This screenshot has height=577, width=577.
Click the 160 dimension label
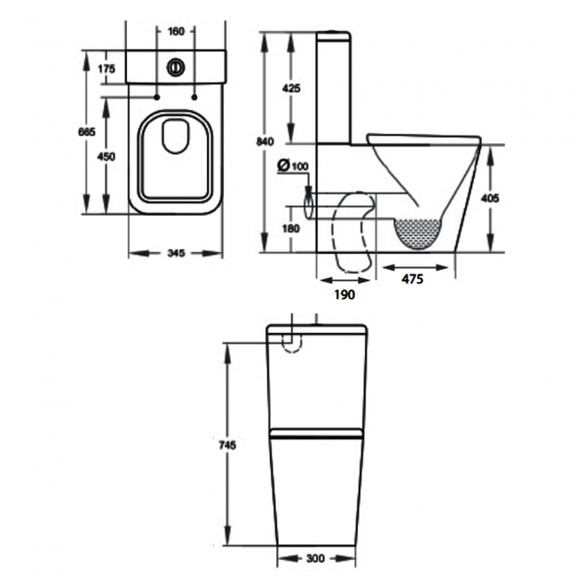[x=175, y=32]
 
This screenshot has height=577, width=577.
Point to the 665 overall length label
[x=86, y=131]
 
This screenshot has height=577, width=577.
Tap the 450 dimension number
[x=107, y=156]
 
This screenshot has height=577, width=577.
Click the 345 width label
[x=175, y=254]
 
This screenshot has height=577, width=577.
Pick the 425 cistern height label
[x=290, y=88]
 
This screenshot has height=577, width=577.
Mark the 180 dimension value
[x=290, y=229]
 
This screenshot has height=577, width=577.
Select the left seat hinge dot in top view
[x=156, y=94]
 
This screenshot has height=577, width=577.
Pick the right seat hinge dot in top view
[x=194, y=94]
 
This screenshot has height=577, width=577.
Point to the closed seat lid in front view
[x=317, y=435]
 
